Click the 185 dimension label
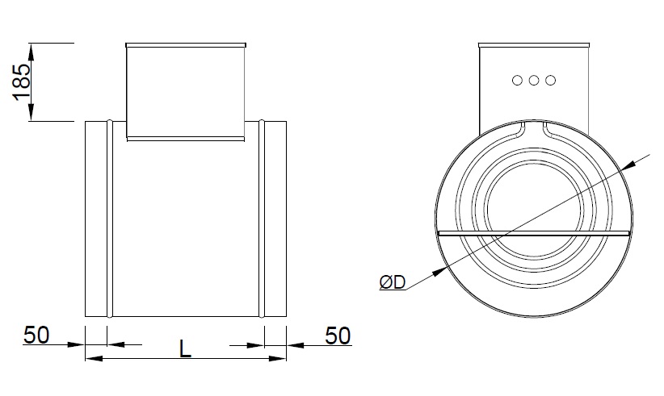[x=23, y=81]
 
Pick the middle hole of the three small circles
[x=535, y=80]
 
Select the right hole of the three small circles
[x=551, y=80]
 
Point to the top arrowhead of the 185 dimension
[x=32, y=49]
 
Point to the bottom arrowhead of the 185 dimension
[x=32, y=115]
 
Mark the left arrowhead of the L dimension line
[x=92, y=357]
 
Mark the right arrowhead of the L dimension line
[x=279, y=357]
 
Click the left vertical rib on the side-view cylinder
[x=108, y=219]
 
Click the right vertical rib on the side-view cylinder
[x=263, y=219]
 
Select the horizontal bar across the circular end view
[x=533, y=234]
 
